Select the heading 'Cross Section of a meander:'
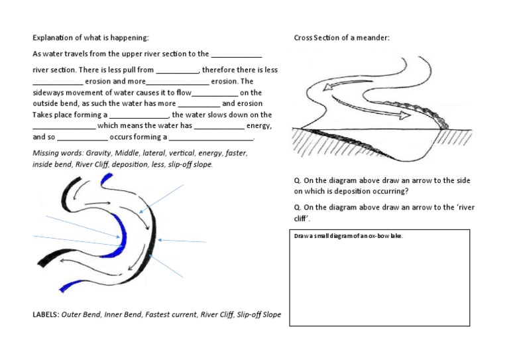[x=341, y=38]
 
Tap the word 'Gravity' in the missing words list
[x=99, y=153]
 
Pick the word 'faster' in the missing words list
[x=236, y=153]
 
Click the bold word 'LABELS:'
[x=46, y=314]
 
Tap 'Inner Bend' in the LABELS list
[x=122, y=314]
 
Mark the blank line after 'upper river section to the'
[x=237, y=55]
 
